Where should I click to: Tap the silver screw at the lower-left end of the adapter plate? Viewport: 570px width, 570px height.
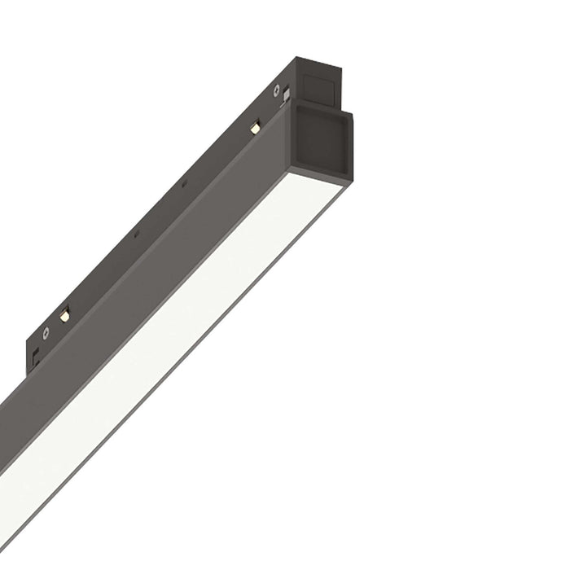pos(47,333)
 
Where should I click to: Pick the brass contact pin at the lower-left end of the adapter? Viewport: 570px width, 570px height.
pos(64,313)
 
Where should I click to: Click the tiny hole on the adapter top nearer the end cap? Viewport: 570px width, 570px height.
pos(190,185)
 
